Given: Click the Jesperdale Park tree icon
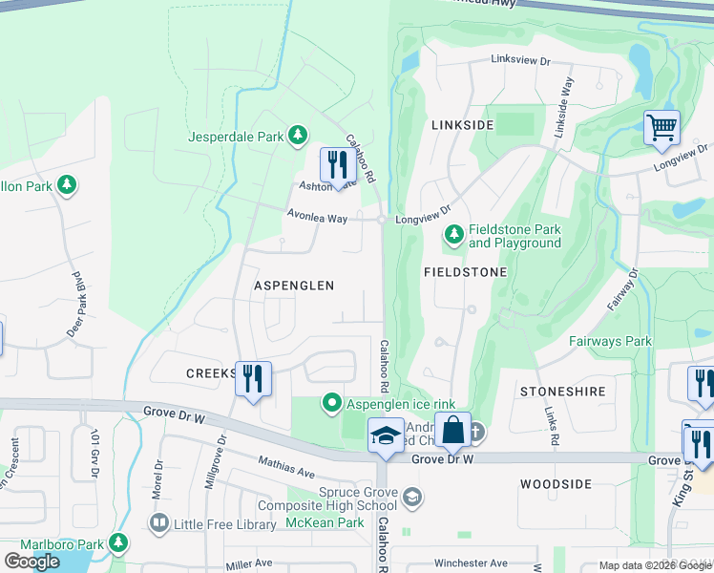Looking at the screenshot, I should point(299,137).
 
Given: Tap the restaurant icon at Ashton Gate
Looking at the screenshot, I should point(337,165).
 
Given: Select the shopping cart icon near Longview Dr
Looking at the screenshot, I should point(661,127).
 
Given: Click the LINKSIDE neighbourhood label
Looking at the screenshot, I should point(462,125).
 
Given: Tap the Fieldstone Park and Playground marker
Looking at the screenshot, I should point(455,233).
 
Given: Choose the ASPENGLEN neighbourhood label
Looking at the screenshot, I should point(294,286).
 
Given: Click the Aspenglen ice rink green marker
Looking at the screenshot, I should point(332,403).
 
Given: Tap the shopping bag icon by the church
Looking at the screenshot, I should point(453,430).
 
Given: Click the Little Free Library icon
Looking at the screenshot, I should point(158,522).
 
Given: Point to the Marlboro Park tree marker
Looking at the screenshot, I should point(118,544).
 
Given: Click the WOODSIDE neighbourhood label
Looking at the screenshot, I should point(556,484).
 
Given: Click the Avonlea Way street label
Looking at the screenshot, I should point(317,218).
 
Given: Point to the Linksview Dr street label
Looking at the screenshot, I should point(521,60).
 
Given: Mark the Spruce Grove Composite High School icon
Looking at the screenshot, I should point(411,496).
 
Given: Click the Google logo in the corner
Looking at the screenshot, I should point(31,562).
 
